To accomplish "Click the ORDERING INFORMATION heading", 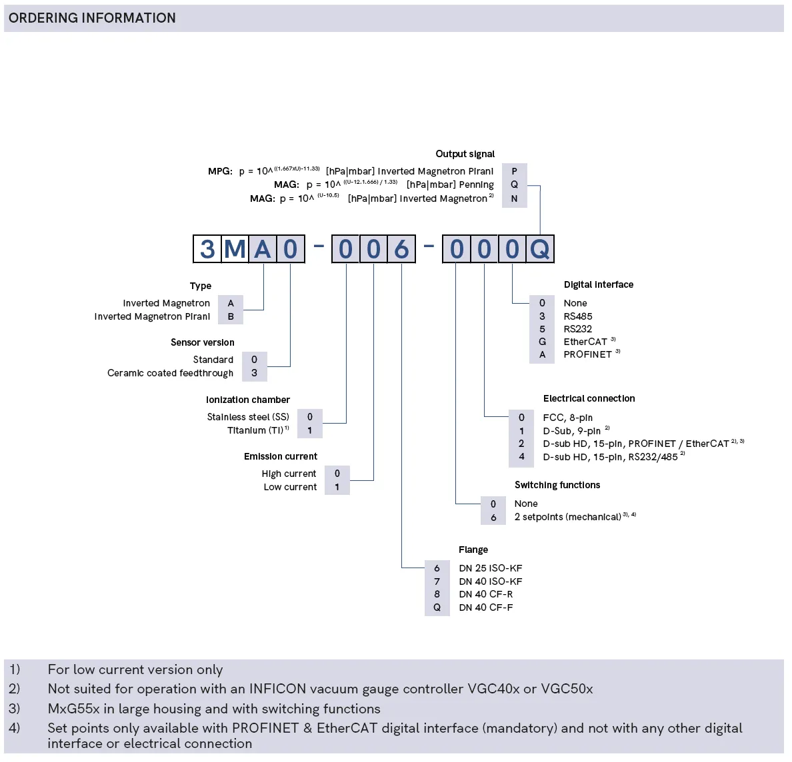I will pos(92,18).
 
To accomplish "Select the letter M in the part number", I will pos(235,249).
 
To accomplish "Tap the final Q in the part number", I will pos(540,249).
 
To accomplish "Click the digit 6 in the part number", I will pos(401,249).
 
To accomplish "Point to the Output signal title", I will pos(465,154).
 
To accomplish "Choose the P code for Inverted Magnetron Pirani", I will pos(514,171).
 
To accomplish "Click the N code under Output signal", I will pos(514,198).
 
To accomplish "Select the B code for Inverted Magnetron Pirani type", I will pos(231,316).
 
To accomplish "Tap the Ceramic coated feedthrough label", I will pos(170,373).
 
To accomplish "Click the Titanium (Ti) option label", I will pos(257,430).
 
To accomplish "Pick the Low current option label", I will pos(290,487).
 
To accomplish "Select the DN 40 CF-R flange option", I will pos(485,594).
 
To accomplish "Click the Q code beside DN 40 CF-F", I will pos(437,607).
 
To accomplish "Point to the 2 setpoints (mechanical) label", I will pos(567,517).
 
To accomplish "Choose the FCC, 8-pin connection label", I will pos(567,418).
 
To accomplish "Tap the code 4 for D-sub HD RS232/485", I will pos(521,457).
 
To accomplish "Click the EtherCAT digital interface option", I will pos(585,342).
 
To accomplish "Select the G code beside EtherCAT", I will pos(542,342).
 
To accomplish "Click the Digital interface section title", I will pos(598,284).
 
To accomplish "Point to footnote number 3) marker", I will pos(15,708).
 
